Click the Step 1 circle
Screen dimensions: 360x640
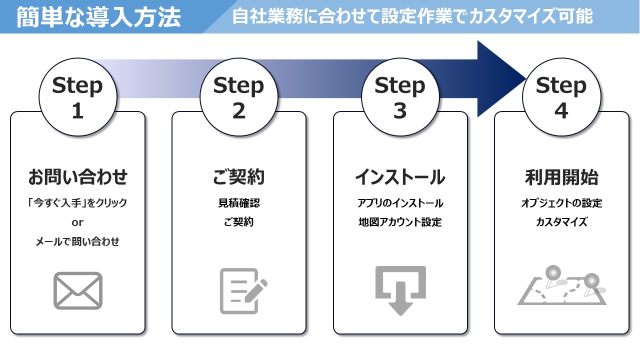pos(77,98)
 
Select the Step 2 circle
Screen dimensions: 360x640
pos(239,98)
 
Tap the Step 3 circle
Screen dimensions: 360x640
pos(400,98)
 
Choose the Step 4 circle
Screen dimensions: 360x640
pos(561,98)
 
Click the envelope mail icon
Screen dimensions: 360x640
pos(77,290)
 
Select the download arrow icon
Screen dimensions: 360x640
pos(400,290)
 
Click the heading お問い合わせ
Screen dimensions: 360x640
pos(77,177)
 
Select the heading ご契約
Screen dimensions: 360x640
pos(239,177)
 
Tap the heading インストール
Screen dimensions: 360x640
pos(400,177)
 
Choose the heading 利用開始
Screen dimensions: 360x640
pos(561,177)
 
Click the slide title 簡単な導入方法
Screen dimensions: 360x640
pos(98,17)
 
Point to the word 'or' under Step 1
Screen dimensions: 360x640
pos(77,222)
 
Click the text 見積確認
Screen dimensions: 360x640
pos(239,203)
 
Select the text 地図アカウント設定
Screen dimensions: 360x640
pos(400,222)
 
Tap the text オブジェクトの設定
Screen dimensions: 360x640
pos(561,203)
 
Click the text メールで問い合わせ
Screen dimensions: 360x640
pos(77,242)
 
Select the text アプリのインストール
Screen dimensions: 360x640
pos(400,203)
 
